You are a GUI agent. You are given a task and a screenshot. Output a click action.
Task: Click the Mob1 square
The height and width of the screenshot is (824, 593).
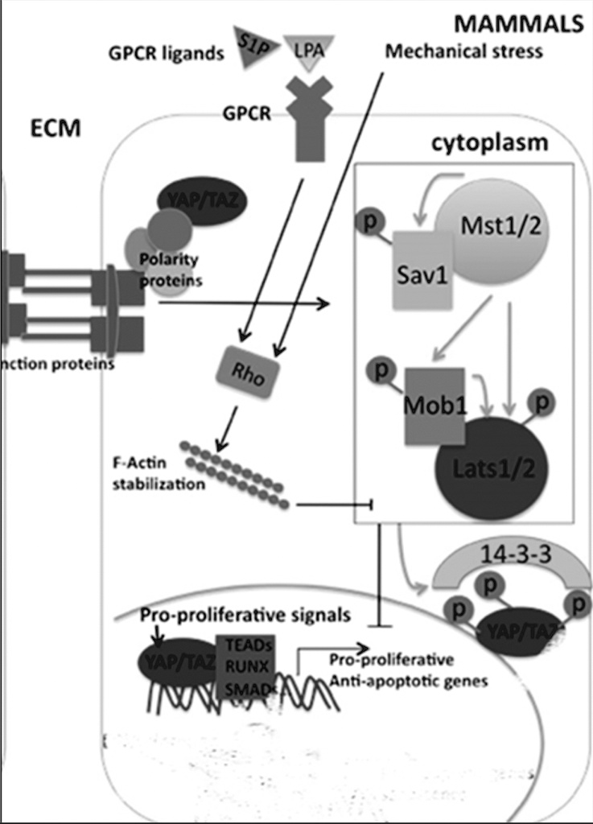[434, 405]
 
